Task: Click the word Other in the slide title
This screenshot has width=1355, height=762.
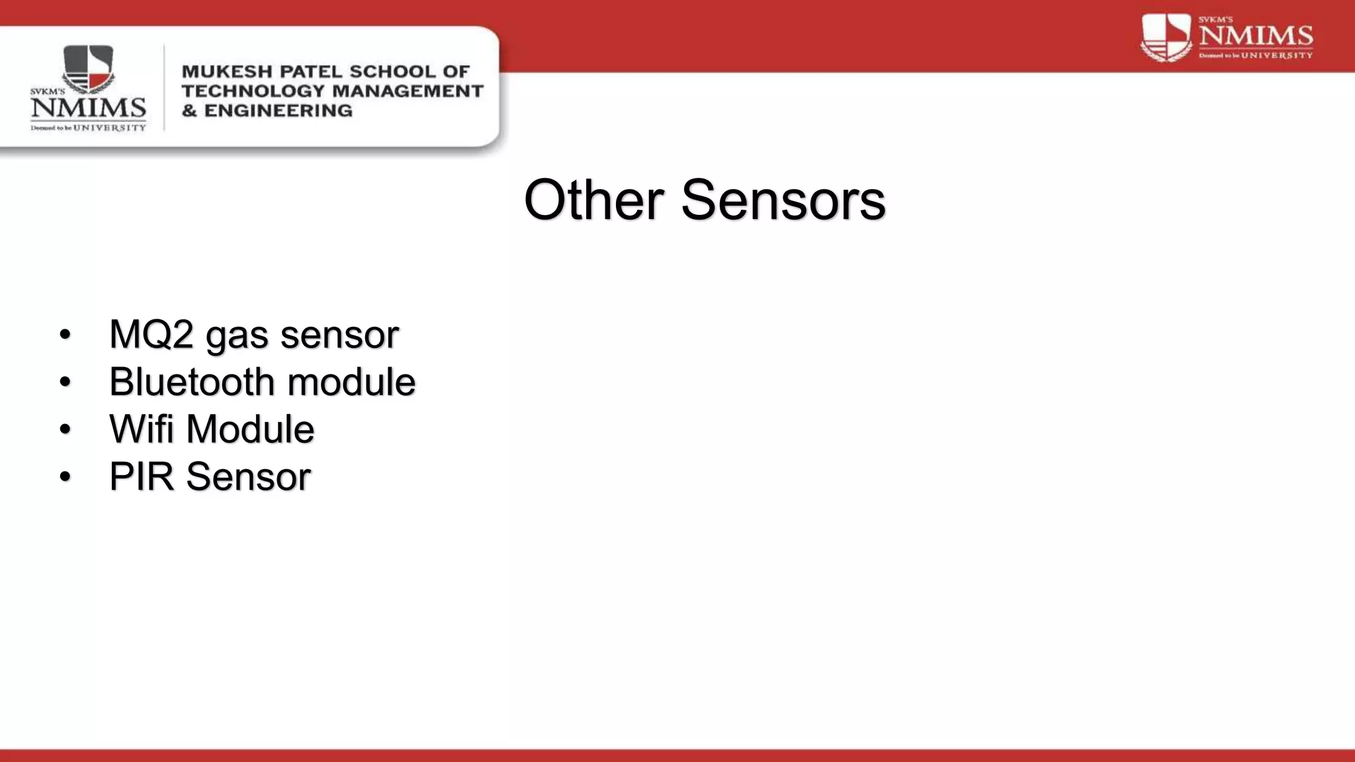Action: point(593,200)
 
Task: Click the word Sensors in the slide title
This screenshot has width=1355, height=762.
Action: point(783,200)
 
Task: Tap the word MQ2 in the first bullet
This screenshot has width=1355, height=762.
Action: point(151,334)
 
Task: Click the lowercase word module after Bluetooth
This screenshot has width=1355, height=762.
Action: point(351,382)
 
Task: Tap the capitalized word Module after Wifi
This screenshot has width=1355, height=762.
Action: point(250,429)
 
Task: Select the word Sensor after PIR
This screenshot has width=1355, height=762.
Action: point(248,476)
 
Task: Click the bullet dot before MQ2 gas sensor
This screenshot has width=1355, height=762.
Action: point(64,335)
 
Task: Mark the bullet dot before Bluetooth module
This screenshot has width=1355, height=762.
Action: point(64,382)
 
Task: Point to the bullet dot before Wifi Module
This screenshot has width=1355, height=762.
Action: point(64,429)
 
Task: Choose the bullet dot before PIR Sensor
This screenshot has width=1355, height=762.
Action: point(64,477)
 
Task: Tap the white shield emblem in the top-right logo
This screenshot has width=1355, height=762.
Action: point(1166,38)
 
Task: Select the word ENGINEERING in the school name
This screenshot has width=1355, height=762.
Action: point(278,110)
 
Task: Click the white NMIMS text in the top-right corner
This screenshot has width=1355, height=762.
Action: point(1256,36)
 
